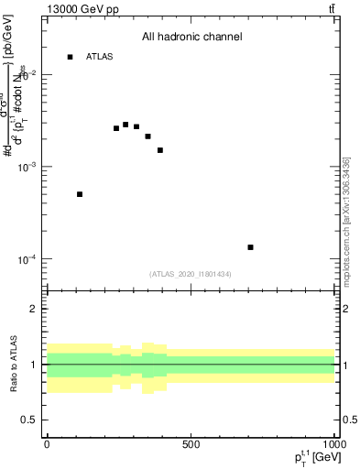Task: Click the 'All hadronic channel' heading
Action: [191, 38]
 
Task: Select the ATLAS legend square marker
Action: [70, 57]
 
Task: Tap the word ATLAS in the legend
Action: [100, 57]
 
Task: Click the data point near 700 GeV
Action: [250, 247]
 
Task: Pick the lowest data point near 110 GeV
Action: [80, 194]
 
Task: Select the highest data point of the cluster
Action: [125, 125]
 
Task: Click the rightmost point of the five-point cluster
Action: [160, 150]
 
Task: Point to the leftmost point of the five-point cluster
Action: [116, 128]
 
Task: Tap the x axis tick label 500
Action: [191, 445]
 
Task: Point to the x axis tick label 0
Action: [47, 445]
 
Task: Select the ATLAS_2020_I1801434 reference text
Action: [191, 274]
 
